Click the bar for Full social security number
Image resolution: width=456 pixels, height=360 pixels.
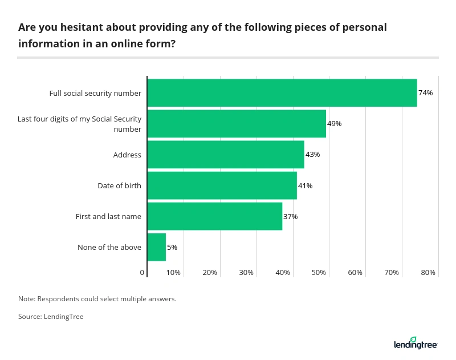(x=282, y=93)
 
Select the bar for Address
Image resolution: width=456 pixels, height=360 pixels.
(x=225, y=155)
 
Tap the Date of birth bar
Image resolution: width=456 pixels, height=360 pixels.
(x=222, y=185)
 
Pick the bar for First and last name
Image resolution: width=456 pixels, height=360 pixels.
(x=214, y=216)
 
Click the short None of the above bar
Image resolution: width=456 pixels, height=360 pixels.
(x=156, y=247)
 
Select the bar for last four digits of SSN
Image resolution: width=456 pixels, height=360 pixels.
(x=236, y=124)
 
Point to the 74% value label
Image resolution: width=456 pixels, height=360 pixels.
(x=426, y=93)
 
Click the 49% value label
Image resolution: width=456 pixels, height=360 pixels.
(x=335, y=124)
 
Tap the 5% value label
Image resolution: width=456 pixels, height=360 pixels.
(x=172, y=248)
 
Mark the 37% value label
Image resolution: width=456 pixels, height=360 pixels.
(x=291, y=217)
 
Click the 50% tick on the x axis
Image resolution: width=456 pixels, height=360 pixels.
(x=319, y=273)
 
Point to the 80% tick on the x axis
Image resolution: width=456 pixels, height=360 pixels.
(x=428, y=273)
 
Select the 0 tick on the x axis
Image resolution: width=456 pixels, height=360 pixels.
(x=142, y=273)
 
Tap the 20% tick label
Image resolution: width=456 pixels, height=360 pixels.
(x=210, y=273)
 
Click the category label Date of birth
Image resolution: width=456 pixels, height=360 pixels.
(x=119, y=186)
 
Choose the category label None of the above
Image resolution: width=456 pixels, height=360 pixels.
(x=109, y=248)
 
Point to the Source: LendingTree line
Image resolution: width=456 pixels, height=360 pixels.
(x=51, y=317)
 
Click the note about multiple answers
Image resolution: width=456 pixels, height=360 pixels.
(x=97, y=298)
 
